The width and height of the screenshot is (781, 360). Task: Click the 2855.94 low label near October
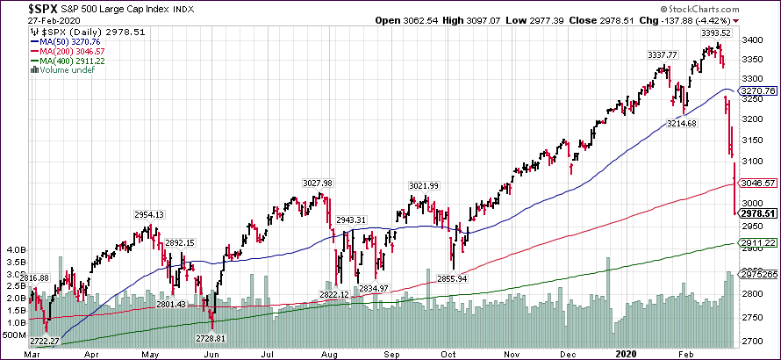pyautogui.click(x=454, y=278)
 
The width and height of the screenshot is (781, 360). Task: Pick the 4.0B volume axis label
pyautogui.click(x=15, y=249)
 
